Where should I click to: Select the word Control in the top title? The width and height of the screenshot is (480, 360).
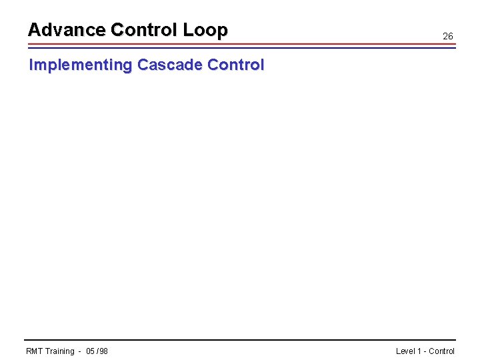143,30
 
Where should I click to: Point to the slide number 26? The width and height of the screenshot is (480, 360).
448,36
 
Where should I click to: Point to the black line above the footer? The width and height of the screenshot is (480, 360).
240,340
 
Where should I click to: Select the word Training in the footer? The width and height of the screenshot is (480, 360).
60,351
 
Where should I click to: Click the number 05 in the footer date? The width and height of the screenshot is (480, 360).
91,351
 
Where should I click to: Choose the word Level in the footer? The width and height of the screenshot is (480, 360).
405,351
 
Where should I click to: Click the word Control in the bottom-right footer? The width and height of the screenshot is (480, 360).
442,351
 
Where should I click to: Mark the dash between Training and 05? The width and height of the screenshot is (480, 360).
80,351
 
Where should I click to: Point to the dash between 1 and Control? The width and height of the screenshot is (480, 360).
425,351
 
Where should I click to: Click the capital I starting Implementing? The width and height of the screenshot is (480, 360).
30,65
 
